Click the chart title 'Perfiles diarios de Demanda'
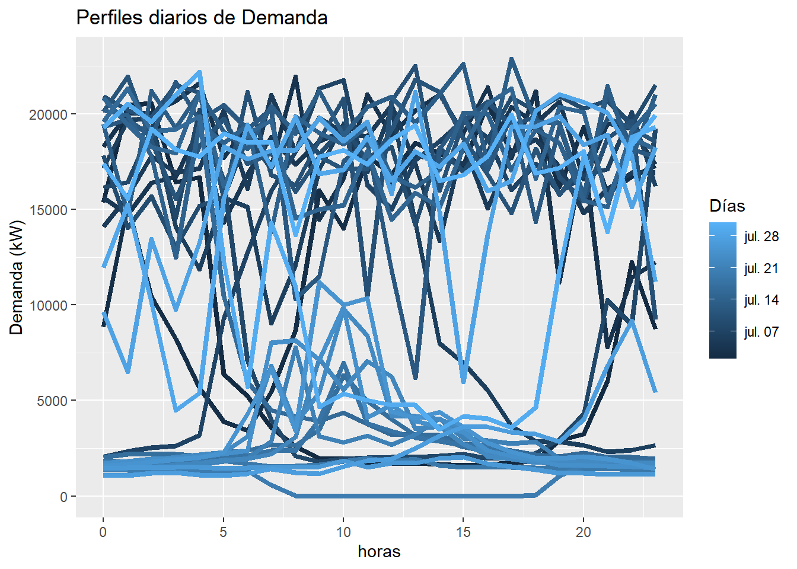[x=202, y=18]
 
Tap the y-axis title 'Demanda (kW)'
[x=17, y=277]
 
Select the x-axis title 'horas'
[x=379, y=552]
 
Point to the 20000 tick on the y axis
[x=49, y=114]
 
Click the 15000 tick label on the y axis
[x=49, y=210]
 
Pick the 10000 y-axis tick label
[x=49, y=305]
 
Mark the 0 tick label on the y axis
[x=63, y=497]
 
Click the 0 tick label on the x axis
[x=103, y=532]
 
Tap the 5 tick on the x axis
[x=223, y=532]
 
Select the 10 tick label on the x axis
[x=343, y=532]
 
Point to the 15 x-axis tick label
[x=463, y=532]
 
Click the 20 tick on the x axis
[x=584, y=532]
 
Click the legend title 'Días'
[x=727, y=206]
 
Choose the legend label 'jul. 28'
[x=761, y=237]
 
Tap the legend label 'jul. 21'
[x=761, y=268]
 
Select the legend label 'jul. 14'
[x=761, y=300]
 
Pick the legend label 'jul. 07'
[x=761, y=332]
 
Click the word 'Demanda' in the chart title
[x=285, y=18]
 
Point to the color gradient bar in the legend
[x=722, y=290]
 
